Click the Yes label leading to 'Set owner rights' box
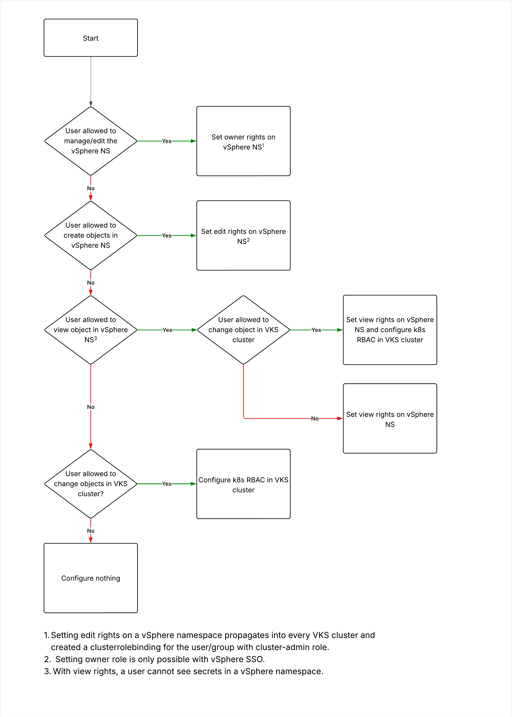tap(167, 141)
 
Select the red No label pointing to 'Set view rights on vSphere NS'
tap(315, 419)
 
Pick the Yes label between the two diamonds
tap(167, 330)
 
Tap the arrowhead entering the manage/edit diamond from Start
tap(91, 104)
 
